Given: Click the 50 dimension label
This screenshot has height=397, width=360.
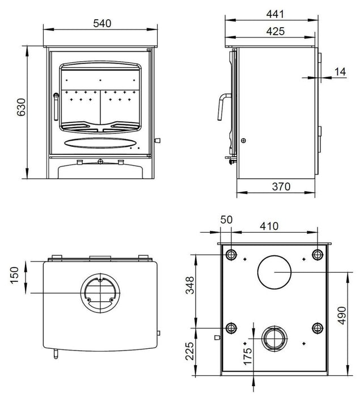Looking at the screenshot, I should [x=227, y=220].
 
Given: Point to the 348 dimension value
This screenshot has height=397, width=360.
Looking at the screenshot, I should [x=190, y=288].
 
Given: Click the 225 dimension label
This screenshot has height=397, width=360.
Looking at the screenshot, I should [x=190, y=353].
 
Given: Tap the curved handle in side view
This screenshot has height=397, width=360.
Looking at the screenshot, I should [x=220, y=107].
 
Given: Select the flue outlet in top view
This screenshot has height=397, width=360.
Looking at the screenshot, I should [x=100, y=293].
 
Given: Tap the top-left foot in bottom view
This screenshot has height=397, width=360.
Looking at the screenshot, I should [x=231, y=253].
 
